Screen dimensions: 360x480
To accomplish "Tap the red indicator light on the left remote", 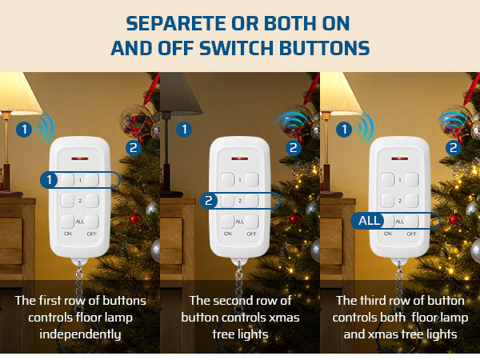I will tap(80, 158).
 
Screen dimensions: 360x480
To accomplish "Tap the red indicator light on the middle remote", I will tap(240, 158).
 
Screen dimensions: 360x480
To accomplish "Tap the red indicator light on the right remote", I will tap(399, 158).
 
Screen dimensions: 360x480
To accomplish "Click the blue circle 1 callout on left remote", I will tap(50, 180).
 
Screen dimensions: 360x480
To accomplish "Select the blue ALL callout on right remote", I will tap(368, 221).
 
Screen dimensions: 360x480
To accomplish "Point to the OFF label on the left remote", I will tap(92, 234).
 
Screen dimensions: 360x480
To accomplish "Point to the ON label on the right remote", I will tap(388, 234).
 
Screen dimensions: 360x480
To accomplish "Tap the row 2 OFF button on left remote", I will tap(92, 200).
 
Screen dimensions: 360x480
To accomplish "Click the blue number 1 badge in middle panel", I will tap(185, 128).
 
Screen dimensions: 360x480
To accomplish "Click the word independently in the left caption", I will tap(79, 334).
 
